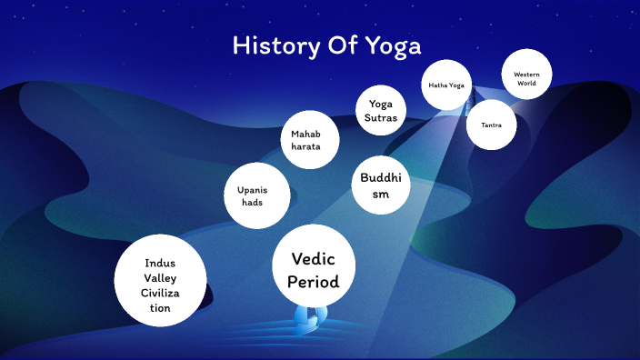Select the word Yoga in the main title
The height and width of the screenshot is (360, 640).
[x=392, y=46]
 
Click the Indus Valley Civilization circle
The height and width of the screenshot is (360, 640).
[x=160, y=280]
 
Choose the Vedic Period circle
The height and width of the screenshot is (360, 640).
[x=313, y=265]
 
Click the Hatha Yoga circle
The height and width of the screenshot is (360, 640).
[x=446, y=85]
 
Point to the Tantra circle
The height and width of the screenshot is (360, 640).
[x=492, y=124]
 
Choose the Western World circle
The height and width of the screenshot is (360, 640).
[x=526, y=78]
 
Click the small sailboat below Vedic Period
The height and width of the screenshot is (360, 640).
[x=310, y=315]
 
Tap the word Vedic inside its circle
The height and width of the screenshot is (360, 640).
[x=313, y=259]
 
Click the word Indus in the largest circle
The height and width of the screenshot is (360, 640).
[x=160, y=263]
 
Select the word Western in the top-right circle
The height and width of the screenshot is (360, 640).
[x=526, y=74]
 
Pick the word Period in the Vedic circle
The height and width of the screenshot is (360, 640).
[x=313, y=281]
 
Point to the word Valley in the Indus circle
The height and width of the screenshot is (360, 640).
[x=160, y=277]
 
